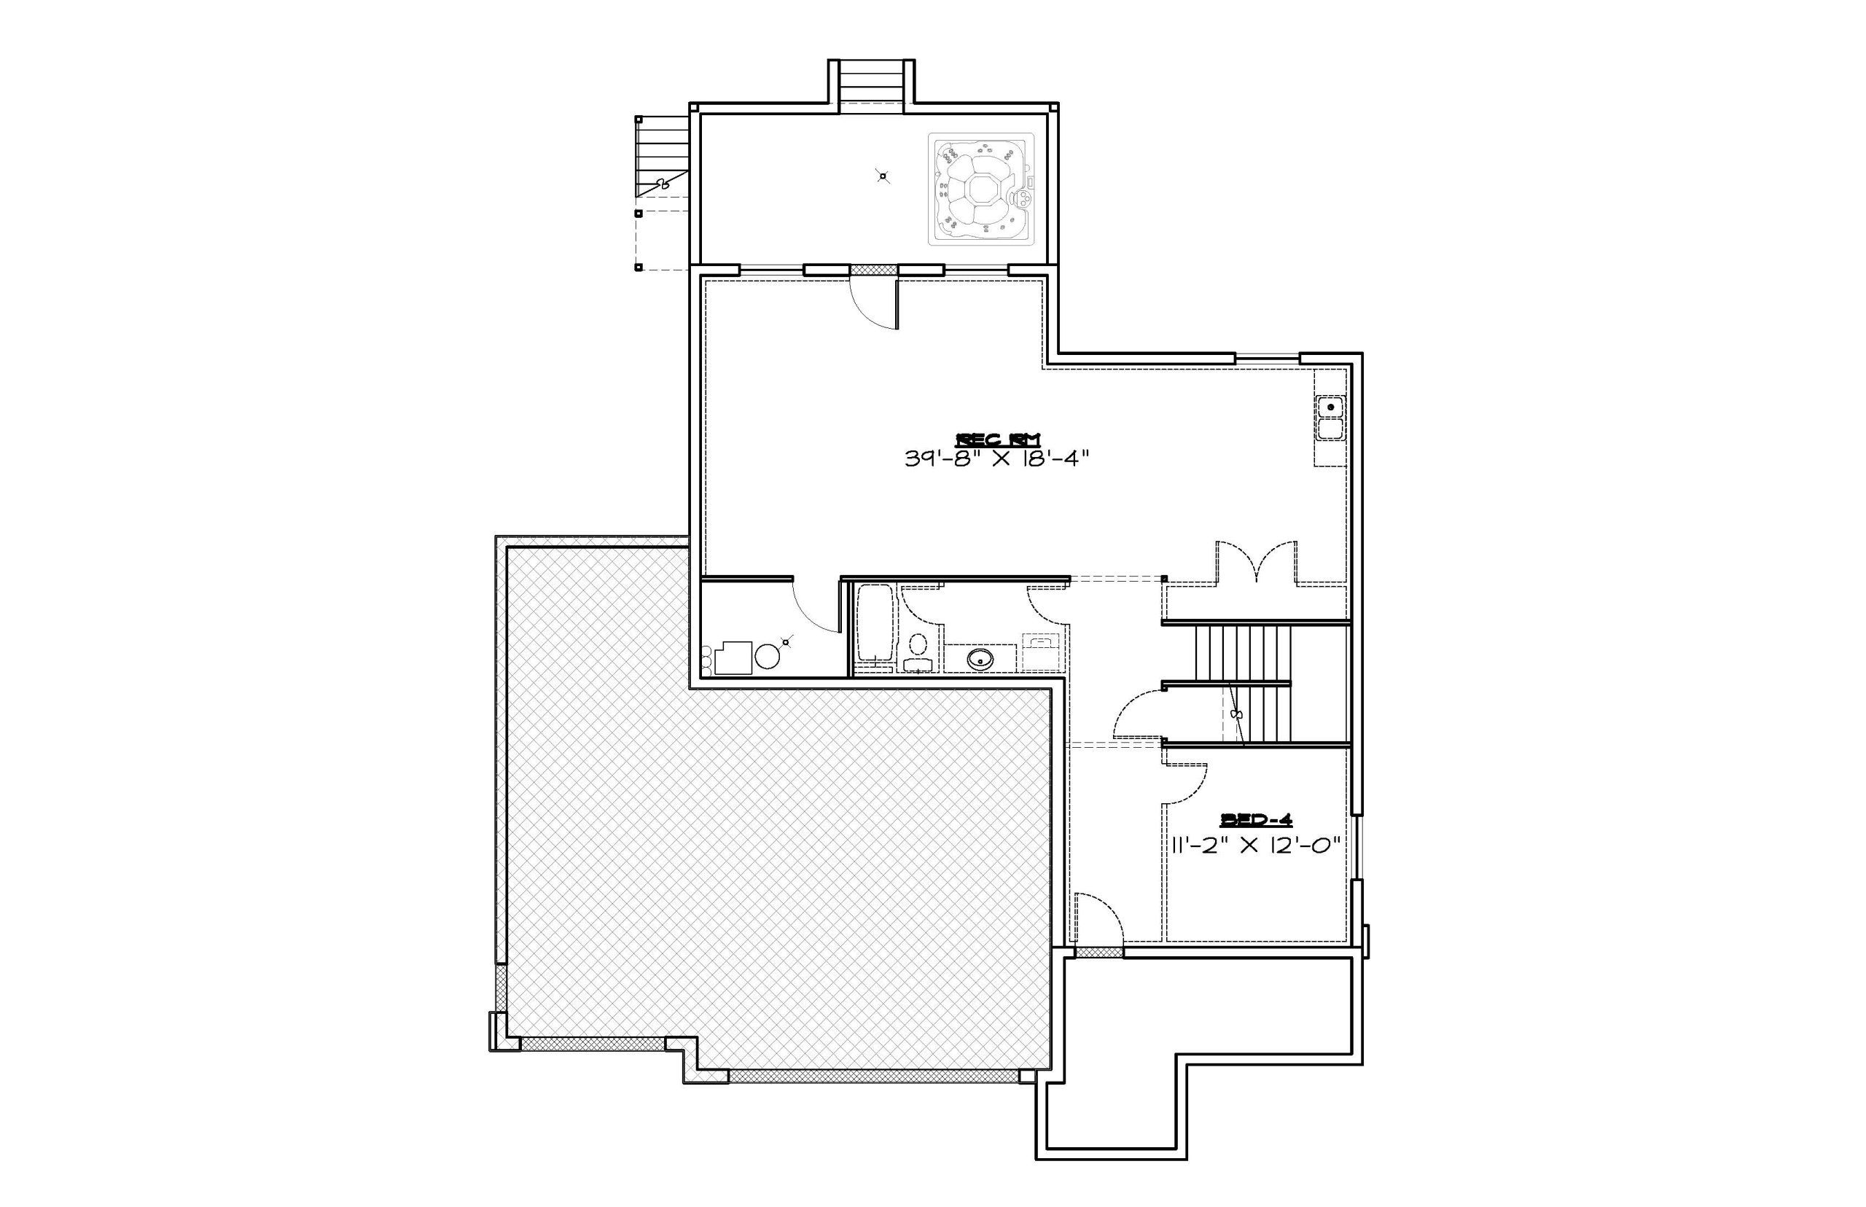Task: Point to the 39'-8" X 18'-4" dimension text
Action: [x=998, y=458]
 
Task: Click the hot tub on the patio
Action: [x=981, y=189]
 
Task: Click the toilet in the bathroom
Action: [x=918, y=653]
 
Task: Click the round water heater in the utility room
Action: [x=767, y=656]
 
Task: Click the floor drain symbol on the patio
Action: [x=883, y=176]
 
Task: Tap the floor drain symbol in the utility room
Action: [x=786, y=641]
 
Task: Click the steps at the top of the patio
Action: [x=872, y=82]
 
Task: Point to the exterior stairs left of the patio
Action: [x=663, y=157]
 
